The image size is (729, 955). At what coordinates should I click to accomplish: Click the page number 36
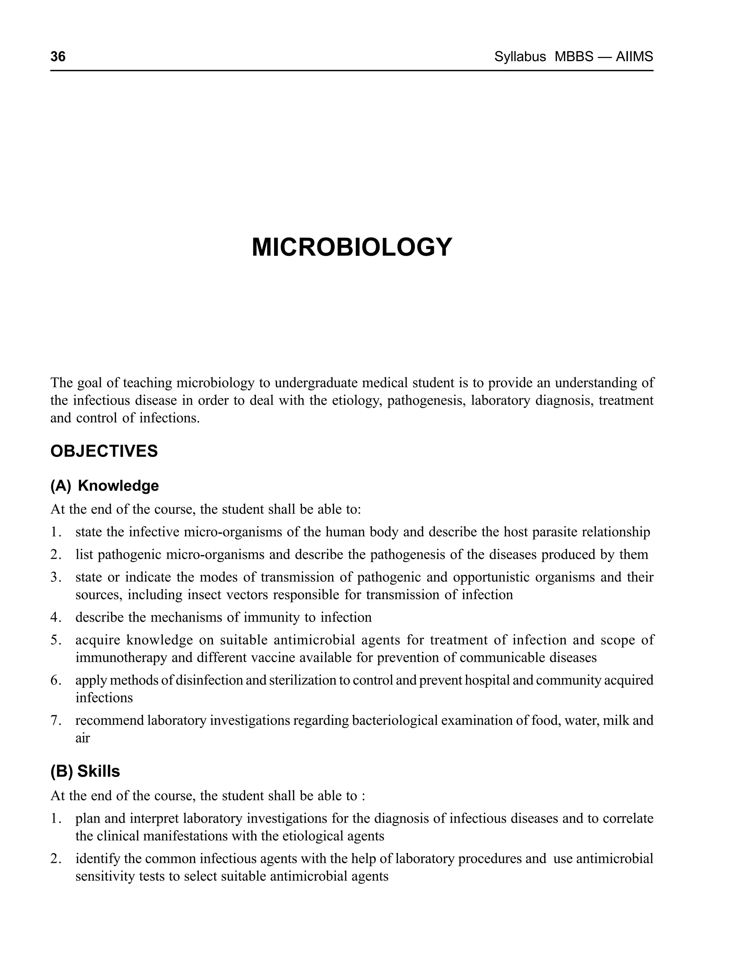[x=58, y=57]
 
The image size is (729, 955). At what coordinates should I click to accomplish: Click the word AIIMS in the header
[x=634, y=57]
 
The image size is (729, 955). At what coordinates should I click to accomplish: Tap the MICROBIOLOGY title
[x=352, y=248]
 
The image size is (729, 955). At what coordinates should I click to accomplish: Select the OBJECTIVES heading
[x=104, y=452]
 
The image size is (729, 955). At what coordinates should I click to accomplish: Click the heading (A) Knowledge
[x=105, y=486]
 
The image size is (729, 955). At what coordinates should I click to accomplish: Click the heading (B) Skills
[x=85, y=771]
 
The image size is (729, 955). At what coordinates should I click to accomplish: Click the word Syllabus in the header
[x=520, y=57]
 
